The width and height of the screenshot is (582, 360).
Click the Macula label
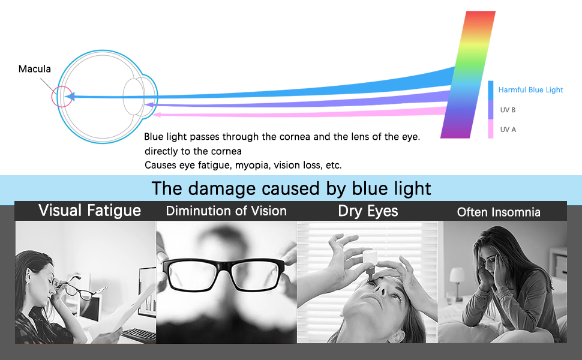[35, 68]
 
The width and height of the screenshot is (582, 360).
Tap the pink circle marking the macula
[52, 97]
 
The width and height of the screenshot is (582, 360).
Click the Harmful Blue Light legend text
[530, 90]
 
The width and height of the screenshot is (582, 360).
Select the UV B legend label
[508, 110]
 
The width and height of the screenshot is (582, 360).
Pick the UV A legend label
[508, 130]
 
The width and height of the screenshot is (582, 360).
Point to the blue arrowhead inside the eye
[70, 97]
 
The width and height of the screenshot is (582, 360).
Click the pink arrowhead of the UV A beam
[156, 115]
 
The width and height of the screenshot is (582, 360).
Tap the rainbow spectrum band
[468, 74]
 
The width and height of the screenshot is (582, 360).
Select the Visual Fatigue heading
[89, 211]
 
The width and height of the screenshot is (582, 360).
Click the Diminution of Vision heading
[226, 211]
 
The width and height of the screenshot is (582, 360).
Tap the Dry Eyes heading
[368, 211]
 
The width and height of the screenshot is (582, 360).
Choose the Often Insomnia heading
[499, 212]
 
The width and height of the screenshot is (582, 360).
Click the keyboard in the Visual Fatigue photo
[139, 334]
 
